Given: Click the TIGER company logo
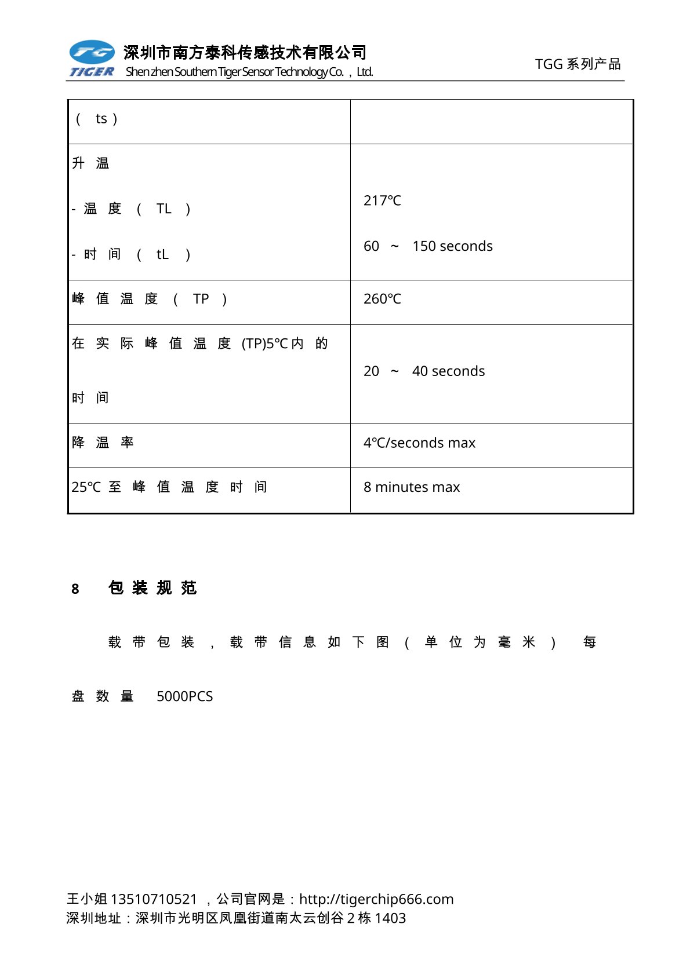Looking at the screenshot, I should coord(92,59).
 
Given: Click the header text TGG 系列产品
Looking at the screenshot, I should coord(578,64).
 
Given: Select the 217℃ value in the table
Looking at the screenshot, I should coord(382,200).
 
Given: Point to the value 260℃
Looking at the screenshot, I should coord(382,299).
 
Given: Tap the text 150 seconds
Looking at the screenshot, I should coord(452,246).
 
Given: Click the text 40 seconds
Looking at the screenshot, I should coord(448,371).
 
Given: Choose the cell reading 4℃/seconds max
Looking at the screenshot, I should coord(419,443).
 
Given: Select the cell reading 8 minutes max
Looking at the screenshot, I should coord(412,487).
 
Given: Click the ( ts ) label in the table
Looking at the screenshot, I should coord(97,119).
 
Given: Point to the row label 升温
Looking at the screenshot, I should coord(90,163).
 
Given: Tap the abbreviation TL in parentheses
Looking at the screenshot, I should coord(164,209).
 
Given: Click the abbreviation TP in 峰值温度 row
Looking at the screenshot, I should coord(201,299).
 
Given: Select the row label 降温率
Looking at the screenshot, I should coord(103,443).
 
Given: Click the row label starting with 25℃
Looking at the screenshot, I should coord(169,487).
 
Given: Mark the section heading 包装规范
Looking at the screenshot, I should coord(152,588).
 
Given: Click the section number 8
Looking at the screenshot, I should coord(75,589).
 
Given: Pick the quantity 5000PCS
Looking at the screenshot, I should coord(184,696).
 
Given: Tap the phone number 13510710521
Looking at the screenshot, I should coord(154,899).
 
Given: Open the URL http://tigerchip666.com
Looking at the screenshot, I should coord(376,899).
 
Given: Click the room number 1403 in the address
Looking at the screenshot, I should coord(390,918).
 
